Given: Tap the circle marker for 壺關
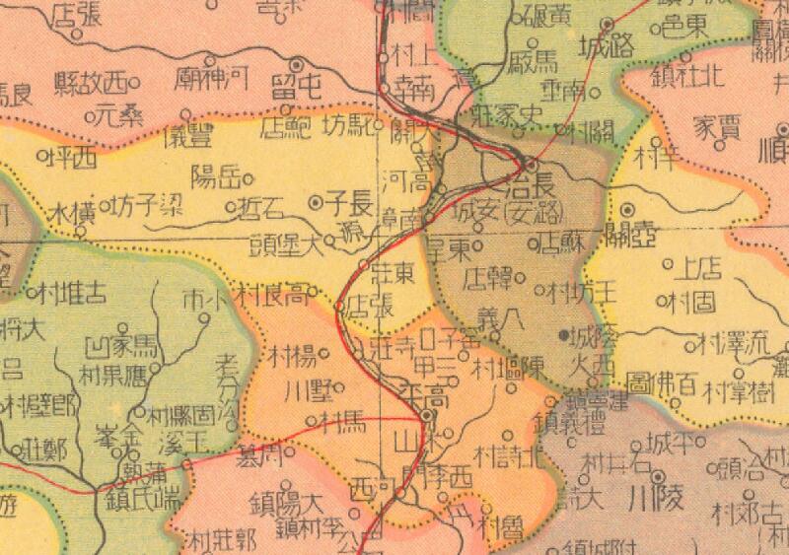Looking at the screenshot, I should pos(628,210).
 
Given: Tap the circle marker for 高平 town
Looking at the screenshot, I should pos(425,416).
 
